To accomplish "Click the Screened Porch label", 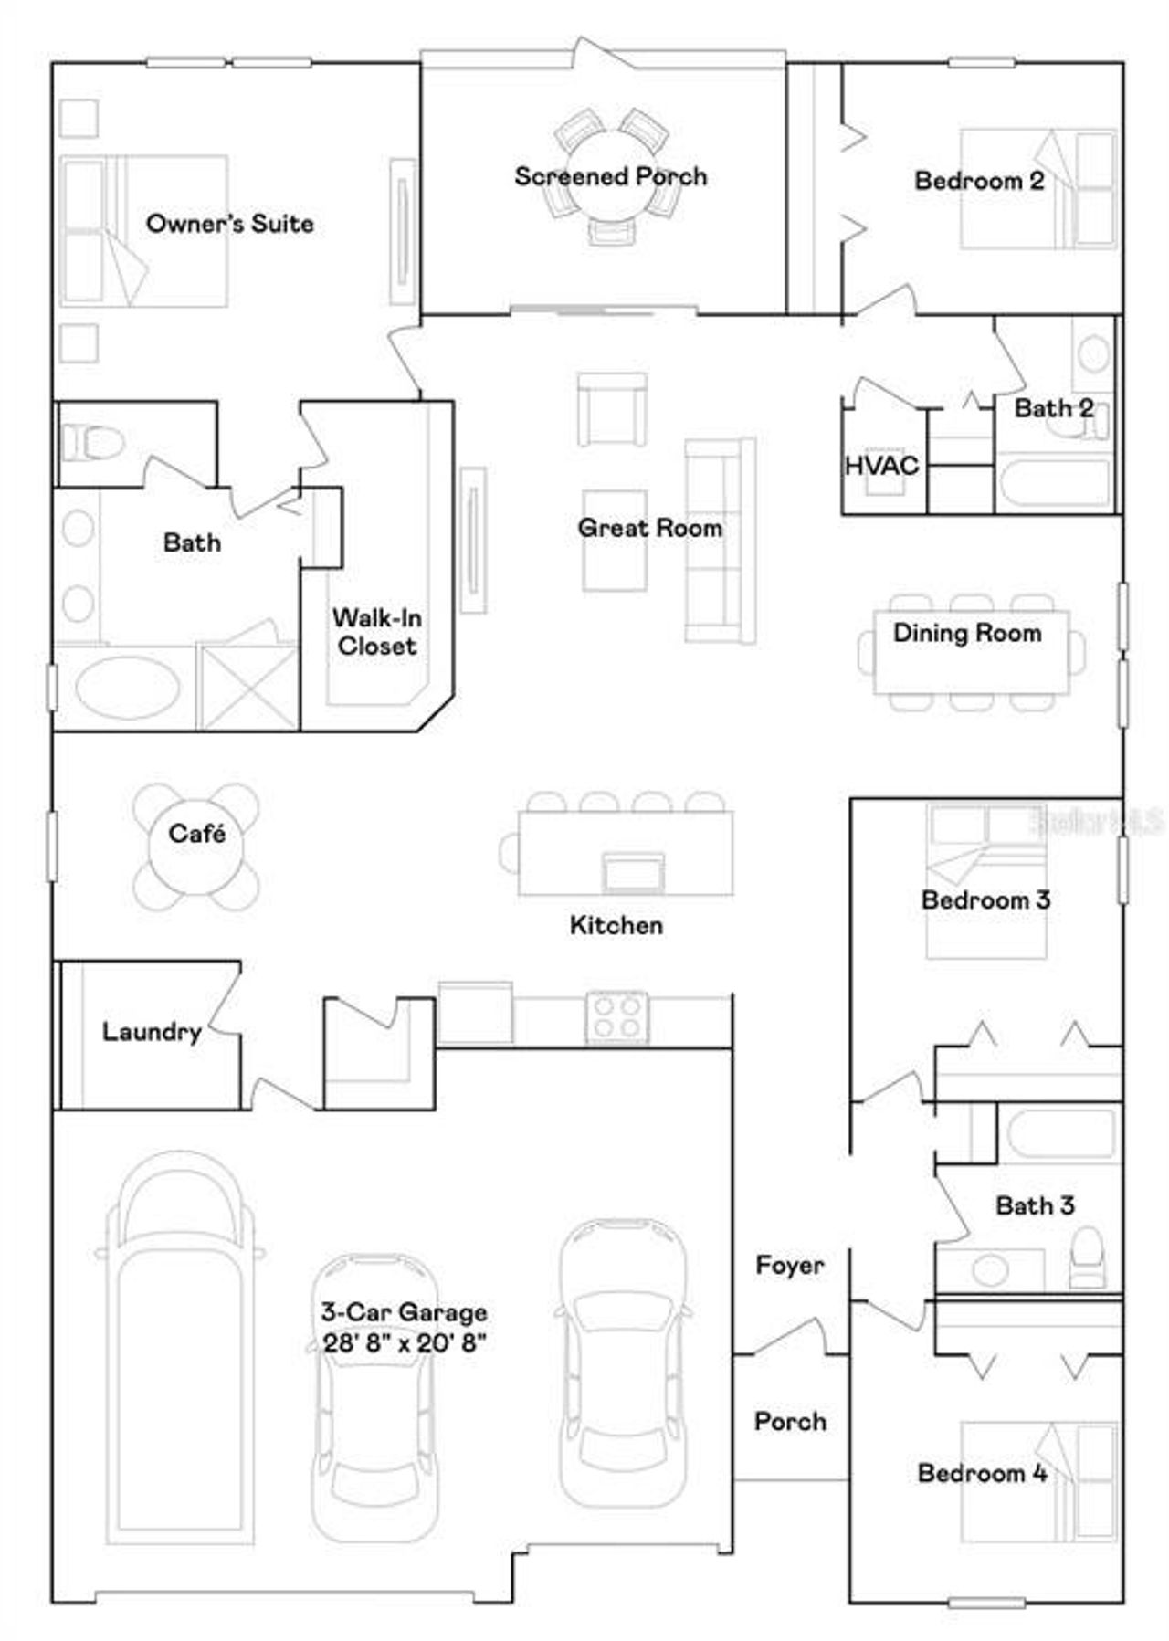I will click(610, 176).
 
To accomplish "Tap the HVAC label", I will click(880, 466).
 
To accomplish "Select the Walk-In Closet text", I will click(376, 632).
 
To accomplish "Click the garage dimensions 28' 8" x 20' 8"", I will click(404, 1342).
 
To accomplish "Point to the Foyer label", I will click(789, 1265).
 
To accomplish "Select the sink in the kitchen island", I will click(632, 872).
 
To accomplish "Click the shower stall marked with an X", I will click(248, 687).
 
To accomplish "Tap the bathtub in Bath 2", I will click(1054, 484).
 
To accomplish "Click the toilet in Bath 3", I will click(1087, 1256).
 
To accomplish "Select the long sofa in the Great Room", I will click(721, 541).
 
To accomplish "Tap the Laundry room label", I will click(151, 1032).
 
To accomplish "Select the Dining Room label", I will click(966, 633).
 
